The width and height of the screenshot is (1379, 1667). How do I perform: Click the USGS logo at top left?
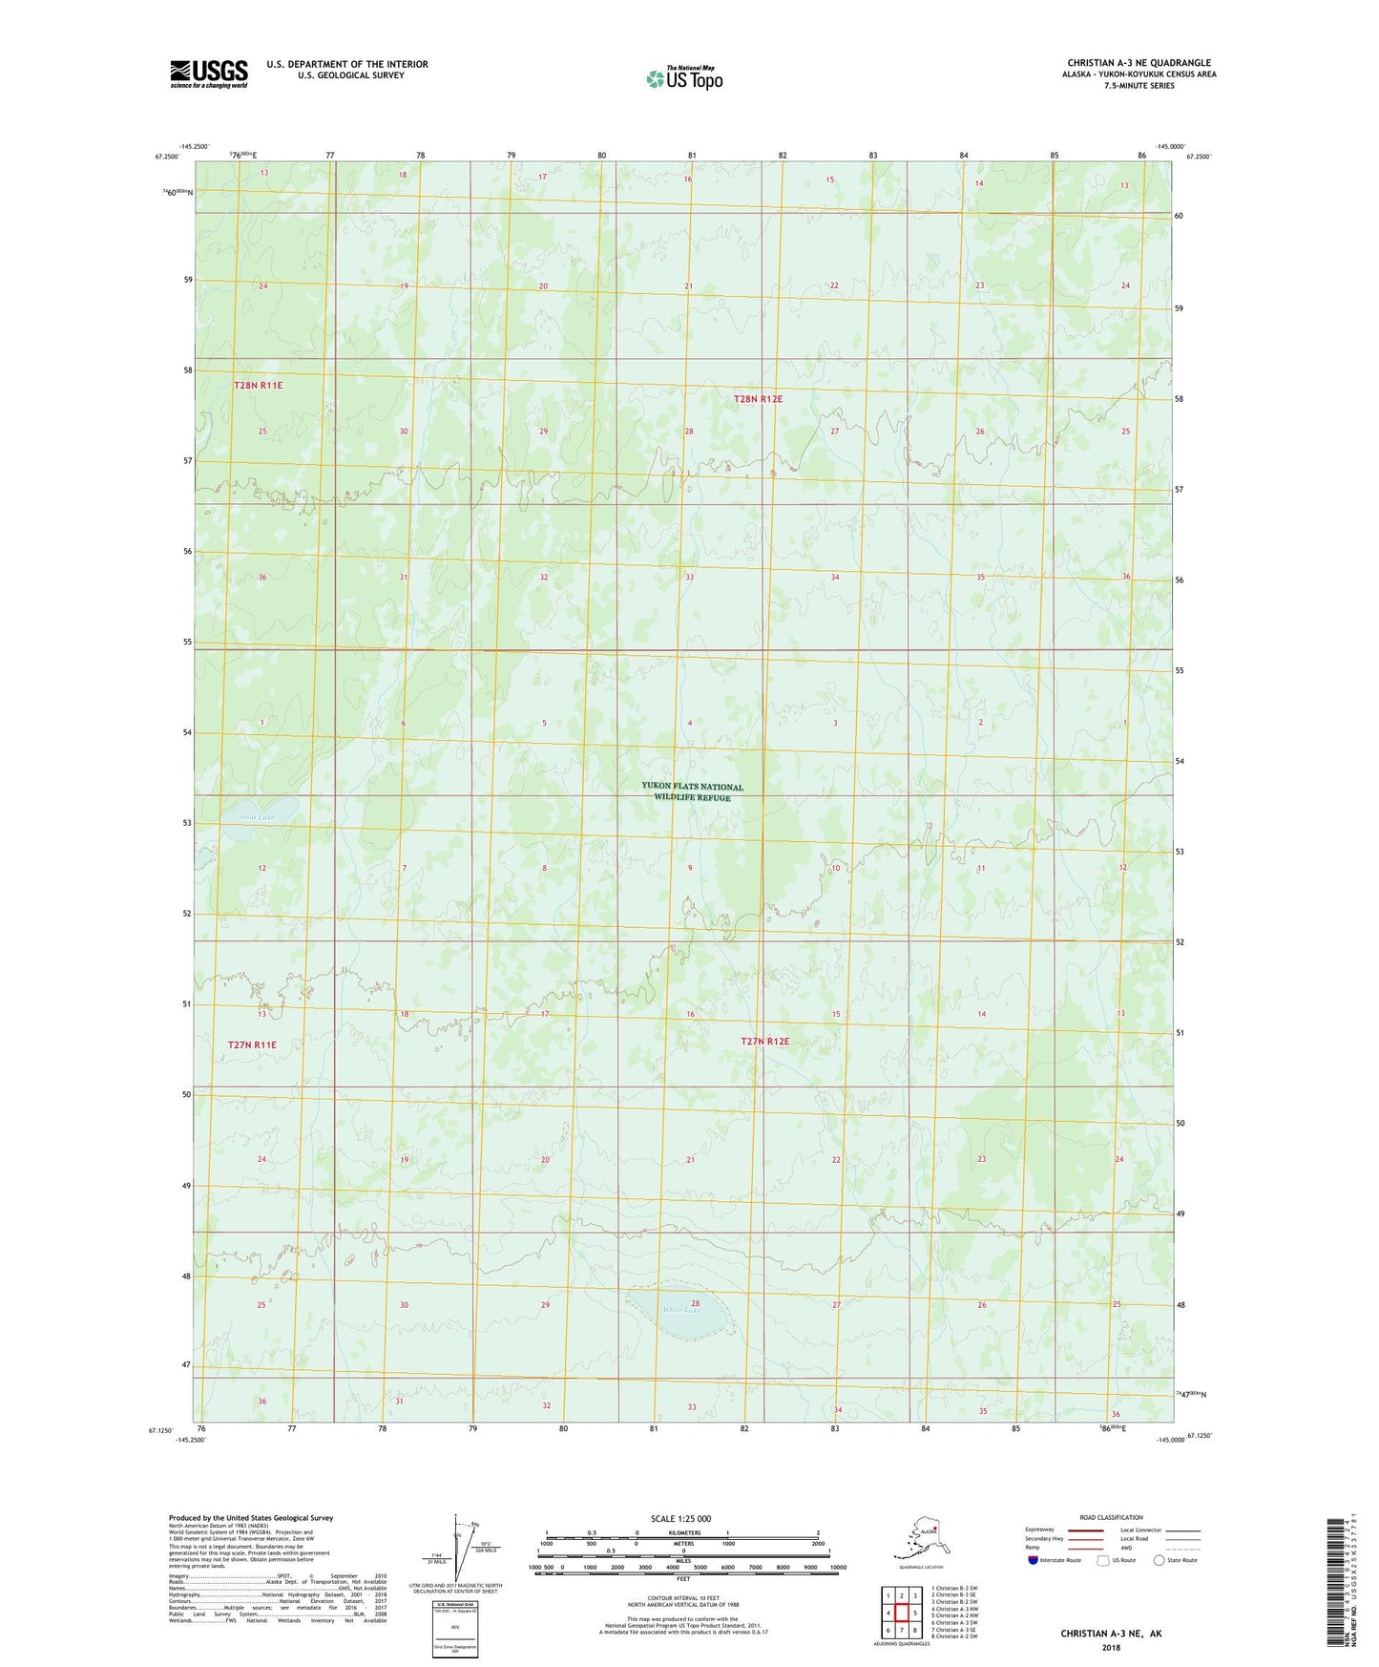[208, 73]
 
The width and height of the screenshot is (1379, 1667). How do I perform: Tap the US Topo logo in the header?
[683, 78]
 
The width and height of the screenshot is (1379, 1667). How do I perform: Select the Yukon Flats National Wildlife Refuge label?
[692, 792]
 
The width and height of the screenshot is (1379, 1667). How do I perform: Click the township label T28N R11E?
[258, 386]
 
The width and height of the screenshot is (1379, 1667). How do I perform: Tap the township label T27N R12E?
[764, 1042]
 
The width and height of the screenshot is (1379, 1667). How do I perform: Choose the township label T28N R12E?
[758, 399]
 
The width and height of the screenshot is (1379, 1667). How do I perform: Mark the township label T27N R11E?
[252, 1045]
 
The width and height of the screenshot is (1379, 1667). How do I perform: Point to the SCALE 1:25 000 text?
[680, 1518]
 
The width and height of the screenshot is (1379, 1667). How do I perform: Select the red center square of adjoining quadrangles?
[901, 1613]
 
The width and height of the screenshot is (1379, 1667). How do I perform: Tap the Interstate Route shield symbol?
[1033, 1561]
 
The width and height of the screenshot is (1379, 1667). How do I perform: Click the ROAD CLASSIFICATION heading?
[1111, 1517]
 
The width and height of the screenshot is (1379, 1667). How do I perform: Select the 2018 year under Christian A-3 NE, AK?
[1111, 1647]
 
